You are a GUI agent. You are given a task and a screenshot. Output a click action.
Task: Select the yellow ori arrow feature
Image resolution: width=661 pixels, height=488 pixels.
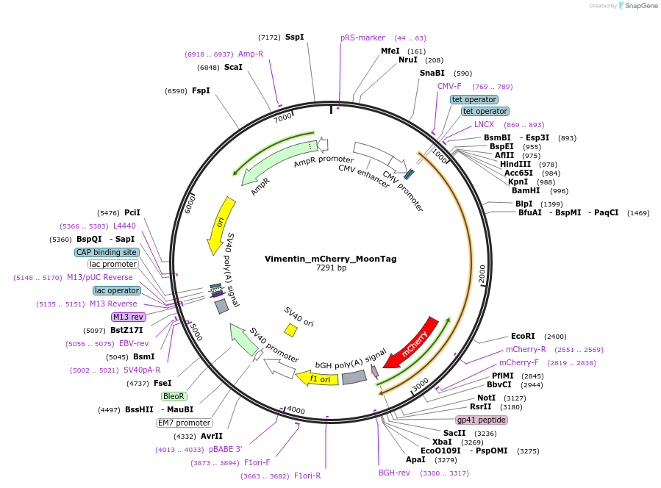[x=221, y=223]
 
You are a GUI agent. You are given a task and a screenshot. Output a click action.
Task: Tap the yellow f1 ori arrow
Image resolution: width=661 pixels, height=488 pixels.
[x=312, y=378]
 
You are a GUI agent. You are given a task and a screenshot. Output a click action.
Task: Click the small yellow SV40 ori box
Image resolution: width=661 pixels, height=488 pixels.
[x=291, y=331]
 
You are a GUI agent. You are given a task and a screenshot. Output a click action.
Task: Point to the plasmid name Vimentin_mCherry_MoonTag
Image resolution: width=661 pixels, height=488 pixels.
[x=330, y=259]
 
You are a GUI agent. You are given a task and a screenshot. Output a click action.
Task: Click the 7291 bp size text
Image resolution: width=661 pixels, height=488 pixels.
[x=331, y=268]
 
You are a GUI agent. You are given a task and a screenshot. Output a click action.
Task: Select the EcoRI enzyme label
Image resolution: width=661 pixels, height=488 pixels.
[x=523, y=336]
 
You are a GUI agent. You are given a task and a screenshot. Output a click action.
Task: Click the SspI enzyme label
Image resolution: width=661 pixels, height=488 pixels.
[x=294, y=37]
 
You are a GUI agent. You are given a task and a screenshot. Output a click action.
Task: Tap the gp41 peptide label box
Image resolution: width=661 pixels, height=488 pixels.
[x=482, y=420]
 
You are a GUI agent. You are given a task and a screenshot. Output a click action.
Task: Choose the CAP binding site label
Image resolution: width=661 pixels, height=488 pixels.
[x=106, y=252]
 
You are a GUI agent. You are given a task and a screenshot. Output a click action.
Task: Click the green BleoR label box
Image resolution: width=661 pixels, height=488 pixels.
[x=174, y=396]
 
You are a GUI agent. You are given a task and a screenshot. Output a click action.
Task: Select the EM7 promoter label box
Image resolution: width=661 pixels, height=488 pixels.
[x=184, y=423]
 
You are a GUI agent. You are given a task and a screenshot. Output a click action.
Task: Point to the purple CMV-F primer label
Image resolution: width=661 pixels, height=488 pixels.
[x=449, y=86]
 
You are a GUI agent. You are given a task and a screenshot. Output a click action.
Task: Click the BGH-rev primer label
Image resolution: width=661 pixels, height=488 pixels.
[x=394, y=473]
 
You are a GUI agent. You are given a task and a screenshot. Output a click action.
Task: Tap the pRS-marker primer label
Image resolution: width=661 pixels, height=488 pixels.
[x=362, y=37]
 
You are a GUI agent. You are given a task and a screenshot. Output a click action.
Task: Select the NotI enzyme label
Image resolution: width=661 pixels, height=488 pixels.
[x=486, y=398]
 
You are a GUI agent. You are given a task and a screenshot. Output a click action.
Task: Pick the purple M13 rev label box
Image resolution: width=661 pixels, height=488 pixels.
[x=128, y=317]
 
